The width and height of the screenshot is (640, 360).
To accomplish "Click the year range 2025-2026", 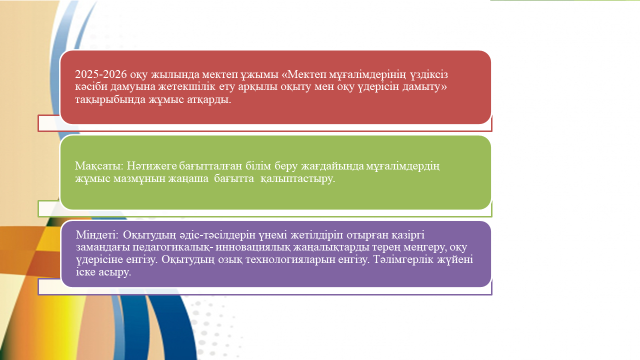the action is coord(100,74).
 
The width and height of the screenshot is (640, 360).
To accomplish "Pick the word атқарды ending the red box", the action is coord(209,100).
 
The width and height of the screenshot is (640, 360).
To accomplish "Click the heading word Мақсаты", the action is coord(99,166).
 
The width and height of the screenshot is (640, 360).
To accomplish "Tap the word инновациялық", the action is coord(250,247).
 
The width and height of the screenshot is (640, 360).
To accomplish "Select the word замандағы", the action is coord(103,247).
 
